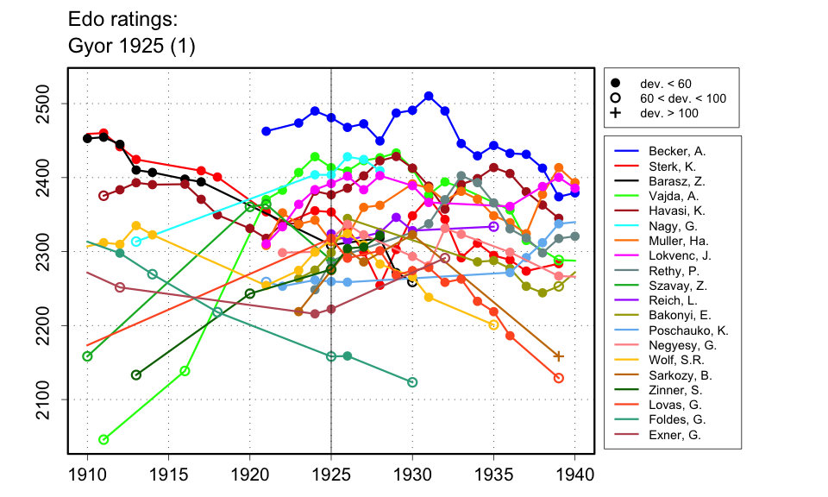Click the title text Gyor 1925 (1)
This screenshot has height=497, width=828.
(131, 47)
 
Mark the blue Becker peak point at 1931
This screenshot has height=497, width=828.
(429, 96)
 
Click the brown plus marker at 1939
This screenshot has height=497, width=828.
(559, 355)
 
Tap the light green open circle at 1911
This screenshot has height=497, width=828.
(103, 440)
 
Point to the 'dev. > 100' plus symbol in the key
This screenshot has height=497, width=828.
(615, 113)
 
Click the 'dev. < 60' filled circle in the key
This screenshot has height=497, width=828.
(615, 83)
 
